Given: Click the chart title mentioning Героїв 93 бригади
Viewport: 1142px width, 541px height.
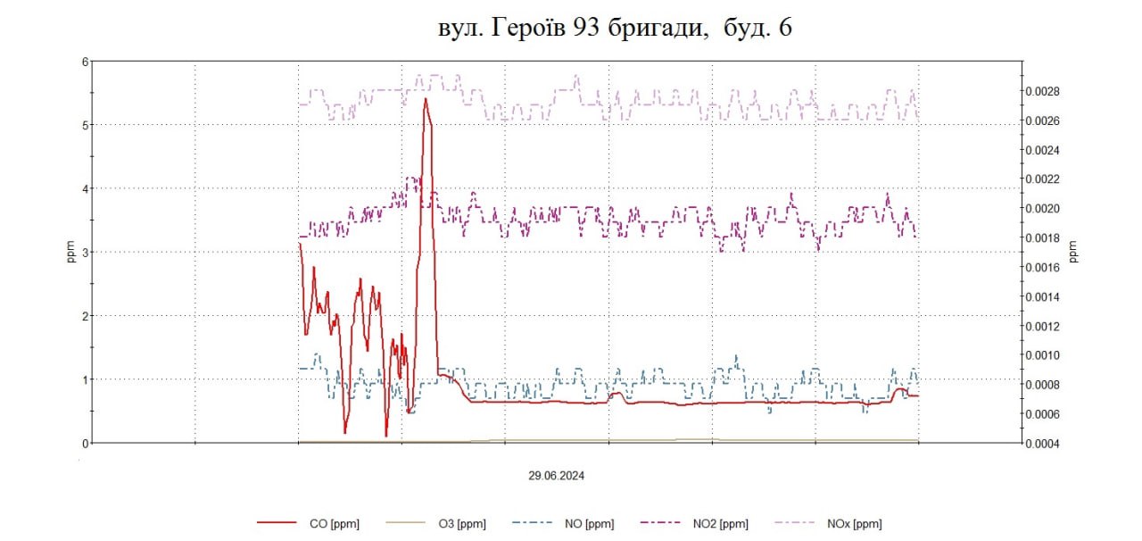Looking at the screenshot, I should click(615, 29).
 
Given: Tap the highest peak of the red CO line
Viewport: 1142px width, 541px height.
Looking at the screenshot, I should click(426, 98).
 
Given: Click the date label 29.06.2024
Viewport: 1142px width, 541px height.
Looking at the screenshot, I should click(556, 476).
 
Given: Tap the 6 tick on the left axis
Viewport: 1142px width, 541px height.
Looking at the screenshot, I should click(86, 62).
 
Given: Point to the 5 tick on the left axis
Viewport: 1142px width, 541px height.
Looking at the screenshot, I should click(86, 125).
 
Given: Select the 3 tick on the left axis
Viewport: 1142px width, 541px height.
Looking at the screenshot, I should click(86, 253).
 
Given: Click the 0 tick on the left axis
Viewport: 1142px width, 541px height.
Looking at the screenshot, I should click(86, 443).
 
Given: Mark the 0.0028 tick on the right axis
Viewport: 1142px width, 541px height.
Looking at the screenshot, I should click(1040, 91).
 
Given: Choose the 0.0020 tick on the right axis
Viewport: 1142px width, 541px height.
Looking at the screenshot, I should click(1040, 208).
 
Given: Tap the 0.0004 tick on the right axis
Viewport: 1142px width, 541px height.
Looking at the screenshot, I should click(1040, 443).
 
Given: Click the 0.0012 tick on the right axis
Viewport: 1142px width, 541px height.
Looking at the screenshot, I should click(1040, 326).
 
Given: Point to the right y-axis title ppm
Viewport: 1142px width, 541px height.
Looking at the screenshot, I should click(1073, 253).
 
